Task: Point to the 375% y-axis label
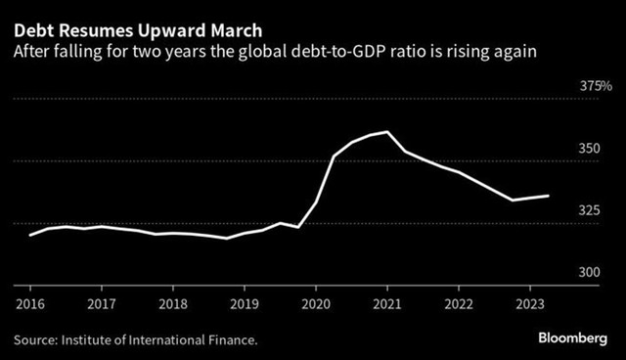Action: (596, 87)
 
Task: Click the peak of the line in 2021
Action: (388, 131)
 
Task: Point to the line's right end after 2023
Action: (549, 196)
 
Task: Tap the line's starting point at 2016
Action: (30, 235)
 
